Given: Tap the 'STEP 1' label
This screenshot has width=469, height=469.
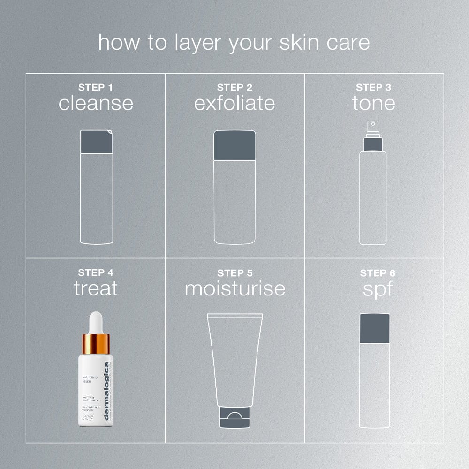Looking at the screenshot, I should [x=96, y=87].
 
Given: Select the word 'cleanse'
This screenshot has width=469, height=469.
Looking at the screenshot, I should [x=96, y=103].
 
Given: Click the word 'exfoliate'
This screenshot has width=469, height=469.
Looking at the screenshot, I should [x=234, y=103].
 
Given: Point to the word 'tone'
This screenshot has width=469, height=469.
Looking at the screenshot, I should [x=374, y=103].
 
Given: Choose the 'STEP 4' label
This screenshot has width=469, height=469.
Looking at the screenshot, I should [x=96, y=272].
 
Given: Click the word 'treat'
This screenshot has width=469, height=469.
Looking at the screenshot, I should [x=96, y=288].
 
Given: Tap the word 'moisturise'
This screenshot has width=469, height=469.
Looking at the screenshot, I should [x=235, y=288].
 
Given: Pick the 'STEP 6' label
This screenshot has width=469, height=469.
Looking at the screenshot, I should [x=374, y=273].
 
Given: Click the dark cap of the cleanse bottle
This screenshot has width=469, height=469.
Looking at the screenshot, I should [x=96, y=142].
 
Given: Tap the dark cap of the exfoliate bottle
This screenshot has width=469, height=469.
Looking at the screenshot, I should [x=234, y=145].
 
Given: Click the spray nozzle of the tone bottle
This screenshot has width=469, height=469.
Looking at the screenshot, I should [x=373, y=126].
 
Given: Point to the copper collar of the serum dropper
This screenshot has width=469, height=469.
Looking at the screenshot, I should [x=96, y=344].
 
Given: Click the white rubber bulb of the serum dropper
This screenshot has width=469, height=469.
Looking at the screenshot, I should [x=96, y=323].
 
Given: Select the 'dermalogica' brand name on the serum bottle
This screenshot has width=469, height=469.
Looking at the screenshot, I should [x=106, y=392].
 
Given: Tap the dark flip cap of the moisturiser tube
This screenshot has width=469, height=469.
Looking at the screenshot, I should [x=234, y=418].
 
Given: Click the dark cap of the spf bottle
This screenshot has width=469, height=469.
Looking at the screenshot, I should [x=375, y=328].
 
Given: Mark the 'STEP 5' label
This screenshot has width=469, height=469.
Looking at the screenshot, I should [x=234, y=273].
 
